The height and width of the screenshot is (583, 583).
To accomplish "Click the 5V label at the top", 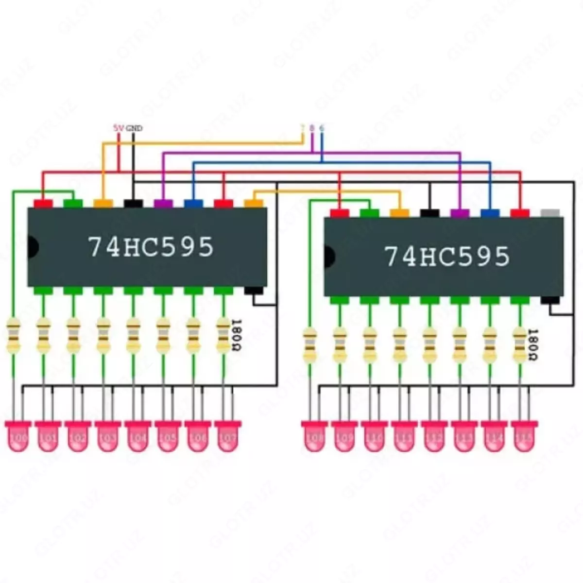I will click(x=119, y=128).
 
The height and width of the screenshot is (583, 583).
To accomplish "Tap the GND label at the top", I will click(x=134, y=128).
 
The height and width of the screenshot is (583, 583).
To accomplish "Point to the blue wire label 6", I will click(x=322, y=128).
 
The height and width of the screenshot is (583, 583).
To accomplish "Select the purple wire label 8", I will click(x=312, y=128).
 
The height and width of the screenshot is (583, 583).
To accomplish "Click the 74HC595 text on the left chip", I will click(x=151, y=247).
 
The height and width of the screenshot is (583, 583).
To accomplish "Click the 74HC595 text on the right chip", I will click(x=447, y=256).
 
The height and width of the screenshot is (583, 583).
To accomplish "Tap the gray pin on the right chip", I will click(x=549, y=213).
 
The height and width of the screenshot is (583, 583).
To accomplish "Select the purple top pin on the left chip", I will click(x=163, y=203).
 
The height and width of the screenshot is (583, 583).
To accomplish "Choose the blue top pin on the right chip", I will click(x=490, y=213).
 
